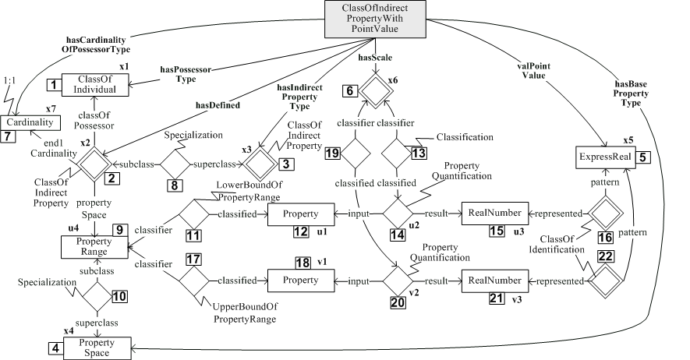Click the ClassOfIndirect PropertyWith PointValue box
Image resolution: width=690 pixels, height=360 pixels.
point(370,17)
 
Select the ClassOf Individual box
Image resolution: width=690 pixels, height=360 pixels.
point(94,84)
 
